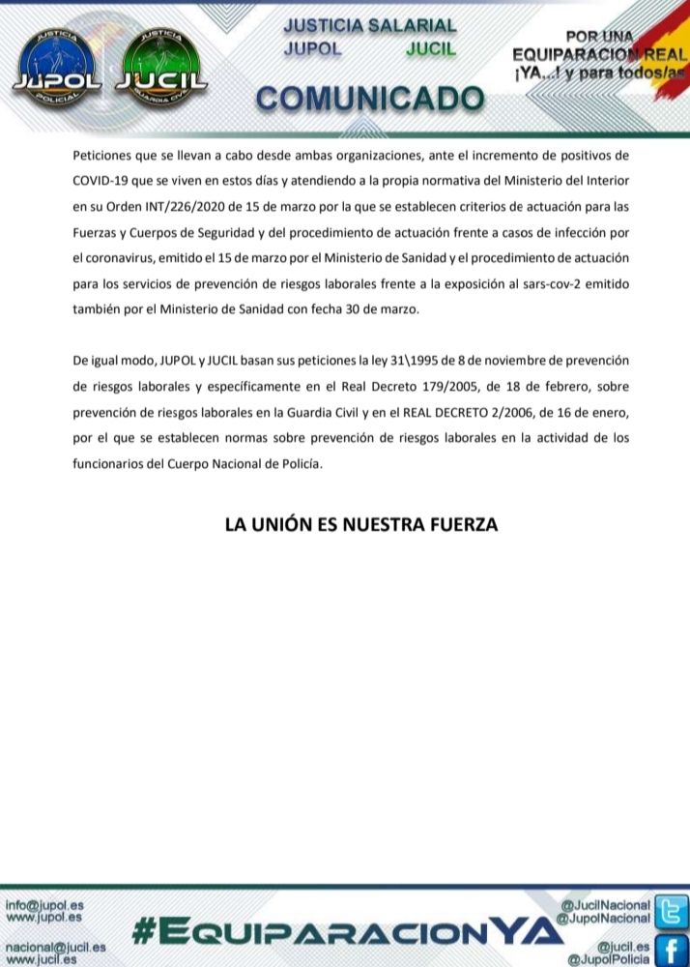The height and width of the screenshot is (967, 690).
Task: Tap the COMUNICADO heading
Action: [x=370, y=98]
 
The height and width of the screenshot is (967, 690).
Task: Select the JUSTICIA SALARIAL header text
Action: [x=370, y=26]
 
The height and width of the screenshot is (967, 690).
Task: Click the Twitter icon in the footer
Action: [x=671, y=911]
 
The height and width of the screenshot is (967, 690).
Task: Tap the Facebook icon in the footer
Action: [x=671, y=950]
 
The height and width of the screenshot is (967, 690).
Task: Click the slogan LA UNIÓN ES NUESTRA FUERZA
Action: [x=360, y=525]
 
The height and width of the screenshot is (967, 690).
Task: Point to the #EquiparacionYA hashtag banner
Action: [x=346, y=931]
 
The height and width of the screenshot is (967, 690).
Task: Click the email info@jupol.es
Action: [x=44, y=905]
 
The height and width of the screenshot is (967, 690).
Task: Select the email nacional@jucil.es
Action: [x=55, y=948]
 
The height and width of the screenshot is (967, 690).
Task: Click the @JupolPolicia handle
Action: [x=609, y=958]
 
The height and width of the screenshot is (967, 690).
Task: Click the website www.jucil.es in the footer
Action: [x=44, y=959]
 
